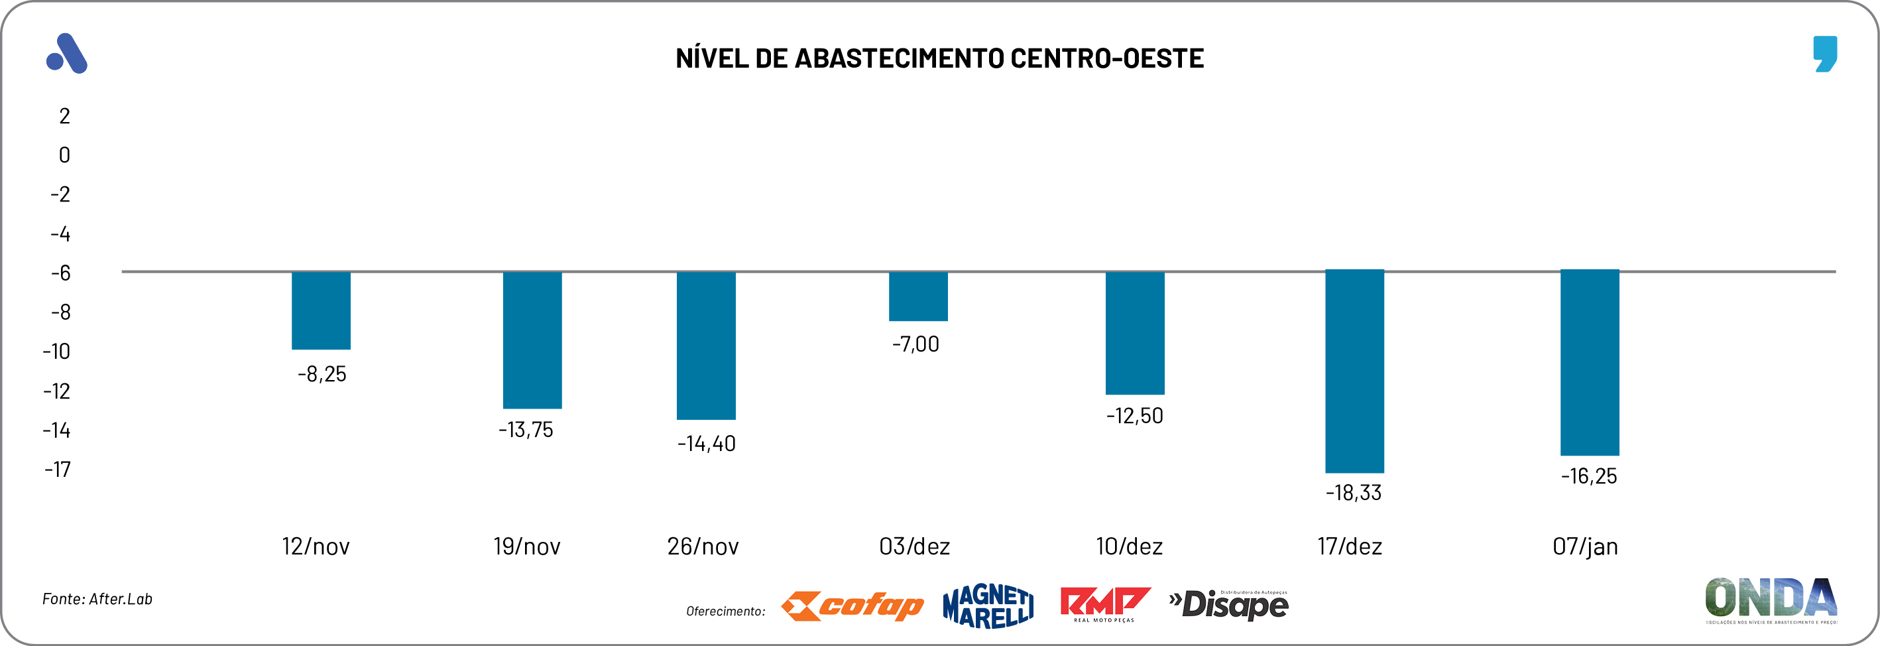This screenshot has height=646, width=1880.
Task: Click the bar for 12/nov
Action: pyautogui.click(x=321, y=310)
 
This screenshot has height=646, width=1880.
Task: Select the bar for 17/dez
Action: pyautogui.click(x=1354, y=371)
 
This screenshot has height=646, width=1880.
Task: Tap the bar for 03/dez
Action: pyautogui.click(x=918, y=296)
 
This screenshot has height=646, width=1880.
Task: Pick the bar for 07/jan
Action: pyautogui.click(x=1590, y=363)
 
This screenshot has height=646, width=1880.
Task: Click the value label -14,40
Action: pyautogui.click(x=707, y=444)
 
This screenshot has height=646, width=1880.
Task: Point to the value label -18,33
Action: pyautogui.click(x=1354, y=493)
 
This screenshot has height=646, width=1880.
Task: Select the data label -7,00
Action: pyautogui.click(x=916, y=344)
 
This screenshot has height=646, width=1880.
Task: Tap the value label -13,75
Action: pyautogui.click(x=526, y=430)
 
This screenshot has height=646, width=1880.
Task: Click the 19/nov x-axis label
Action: pyautogui.click(x=527, y=546)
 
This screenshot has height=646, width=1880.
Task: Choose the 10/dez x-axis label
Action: pyautogui.click(x=1129, y=546)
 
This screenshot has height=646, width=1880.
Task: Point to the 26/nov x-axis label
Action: pyautogui.click(x=703, y=546)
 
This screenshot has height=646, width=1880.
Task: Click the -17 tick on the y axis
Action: pyautogui.click(x=58, y=470)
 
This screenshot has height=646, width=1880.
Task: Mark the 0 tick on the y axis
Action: pyautogui.click(x=64, y=155)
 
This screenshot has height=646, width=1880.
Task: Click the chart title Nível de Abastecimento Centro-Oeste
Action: pyautogui.click(x=939, y=58)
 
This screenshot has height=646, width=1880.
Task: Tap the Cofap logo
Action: pyautogui.click(x=852, y=606)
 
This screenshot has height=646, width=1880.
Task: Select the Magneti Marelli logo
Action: pyautogui.click(x=988, y=606)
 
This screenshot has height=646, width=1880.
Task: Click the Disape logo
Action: pyautogui.click(x=1229, y=604)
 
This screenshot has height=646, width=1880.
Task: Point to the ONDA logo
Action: pyautogui.click(x=1771, y=600)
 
